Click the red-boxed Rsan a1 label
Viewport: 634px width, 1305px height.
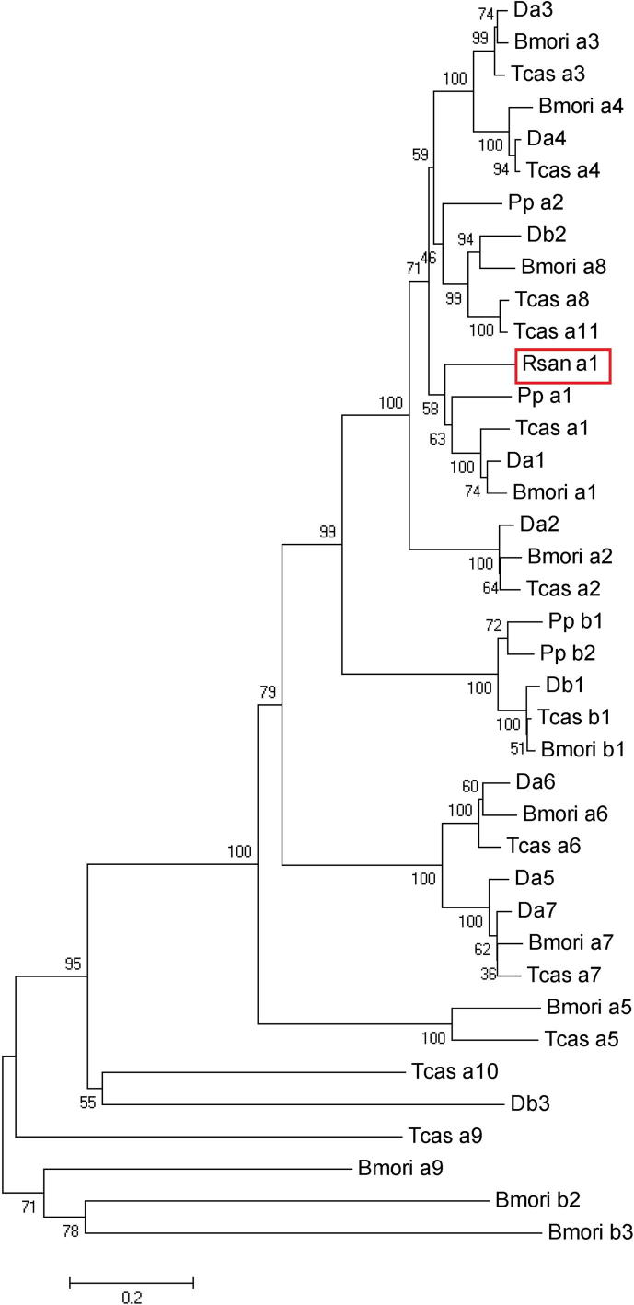[560, 365]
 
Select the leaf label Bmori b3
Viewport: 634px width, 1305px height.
[589, 1231]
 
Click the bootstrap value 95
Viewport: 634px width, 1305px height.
[74, 964]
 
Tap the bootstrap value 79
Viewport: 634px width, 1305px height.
[268, 691]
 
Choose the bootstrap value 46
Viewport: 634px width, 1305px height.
[427, 256]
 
